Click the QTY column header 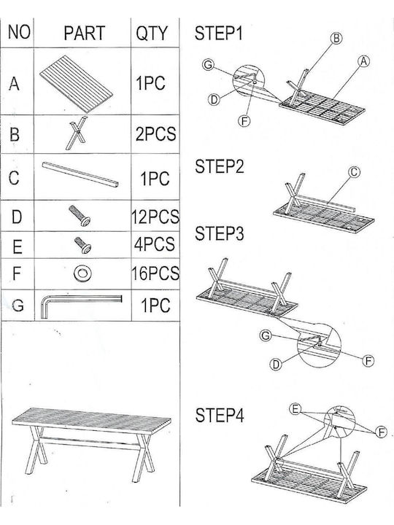151,33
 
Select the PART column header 85,33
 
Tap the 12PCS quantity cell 155,217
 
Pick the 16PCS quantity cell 155,273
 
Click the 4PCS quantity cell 155,244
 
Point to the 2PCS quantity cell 156,134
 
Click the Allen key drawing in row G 81,306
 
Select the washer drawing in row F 82,273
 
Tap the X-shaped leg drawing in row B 77,133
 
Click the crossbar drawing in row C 80,175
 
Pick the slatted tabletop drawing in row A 76,84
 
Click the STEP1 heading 219,34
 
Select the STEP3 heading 220,233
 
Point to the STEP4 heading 220,415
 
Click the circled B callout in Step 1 336,39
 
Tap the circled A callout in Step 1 363,61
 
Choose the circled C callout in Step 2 354,172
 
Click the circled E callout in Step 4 295,409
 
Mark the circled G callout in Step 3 266,335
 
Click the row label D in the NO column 17,217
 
